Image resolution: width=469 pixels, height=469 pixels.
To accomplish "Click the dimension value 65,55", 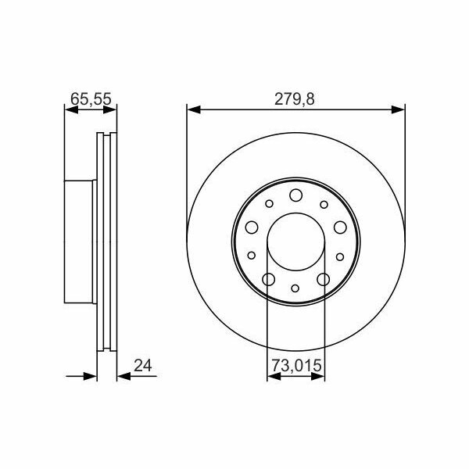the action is (x=91, y=99).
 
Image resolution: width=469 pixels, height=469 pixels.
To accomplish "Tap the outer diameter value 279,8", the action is (x=295, y=99).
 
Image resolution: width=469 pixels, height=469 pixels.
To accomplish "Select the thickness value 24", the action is (x=143, y=366).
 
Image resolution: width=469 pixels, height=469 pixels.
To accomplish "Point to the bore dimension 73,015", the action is (x=296, y=366).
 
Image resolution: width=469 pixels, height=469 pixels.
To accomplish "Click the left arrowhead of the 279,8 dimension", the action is (x=193, y=109).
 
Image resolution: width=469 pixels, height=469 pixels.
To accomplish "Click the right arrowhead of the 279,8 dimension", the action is (x=398, y=109).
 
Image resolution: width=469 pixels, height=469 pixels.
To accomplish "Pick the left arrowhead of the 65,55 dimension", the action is (x=71, y=109).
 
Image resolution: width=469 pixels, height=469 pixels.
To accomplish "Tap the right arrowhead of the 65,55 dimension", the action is (x=109, y=109).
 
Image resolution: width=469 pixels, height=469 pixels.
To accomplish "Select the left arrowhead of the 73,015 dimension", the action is (x=274, y=376).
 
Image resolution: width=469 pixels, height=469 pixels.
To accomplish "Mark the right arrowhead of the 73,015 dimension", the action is (x=317, y=376).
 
